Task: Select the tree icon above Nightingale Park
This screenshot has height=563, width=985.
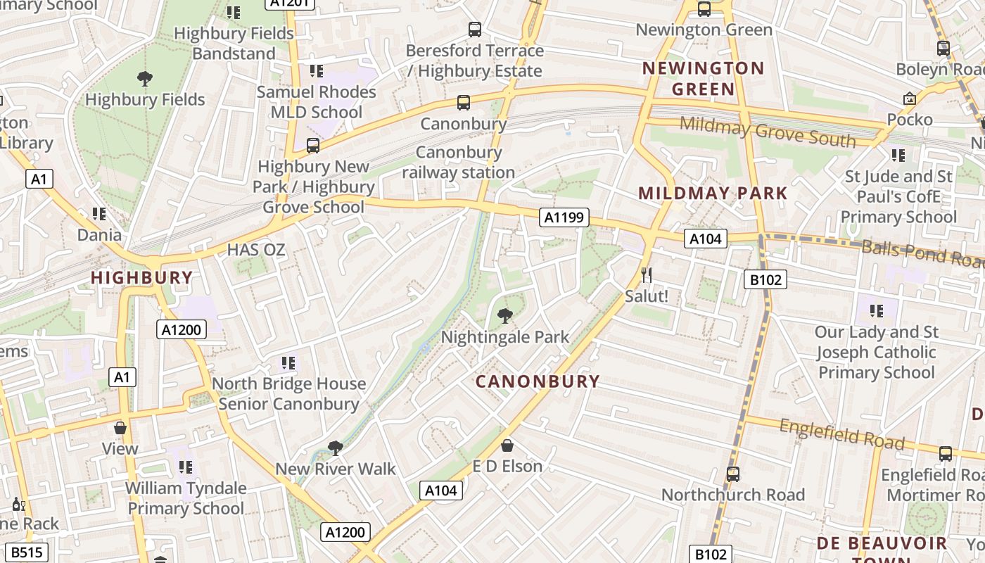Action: [505, 316]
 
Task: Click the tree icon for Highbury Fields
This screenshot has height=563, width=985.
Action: [145, 79]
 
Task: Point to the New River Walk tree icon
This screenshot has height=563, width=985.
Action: [336, 448]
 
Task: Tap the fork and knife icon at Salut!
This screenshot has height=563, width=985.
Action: [647, 274]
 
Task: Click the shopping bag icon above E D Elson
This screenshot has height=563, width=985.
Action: [507, 445]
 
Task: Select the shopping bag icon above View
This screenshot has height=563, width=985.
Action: [120, 428]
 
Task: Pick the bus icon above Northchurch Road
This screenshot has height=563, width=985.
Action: [733, 474]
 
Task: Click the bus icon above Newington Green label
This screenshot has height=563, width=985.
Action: [704, 9]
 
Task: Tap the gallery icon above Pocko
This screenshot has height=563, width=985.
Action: [909, 99]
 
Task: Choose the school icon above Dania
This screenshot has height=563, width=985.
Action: [99, 213]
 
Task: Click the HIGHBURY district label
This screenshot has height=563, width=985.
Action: [142, 278]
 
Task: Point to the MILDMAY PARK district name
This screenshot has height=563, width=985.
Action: [713, 194]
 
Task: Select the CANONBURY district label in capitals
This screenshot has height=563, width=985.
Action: [538, 381]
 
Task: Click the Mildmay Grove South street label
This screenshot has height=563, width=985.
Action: [768, 132]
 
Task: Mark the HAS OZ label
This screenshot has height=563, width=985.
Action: [256, 250]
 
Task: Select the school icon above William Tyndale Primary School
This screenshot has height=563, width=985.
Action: [186, 467]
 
